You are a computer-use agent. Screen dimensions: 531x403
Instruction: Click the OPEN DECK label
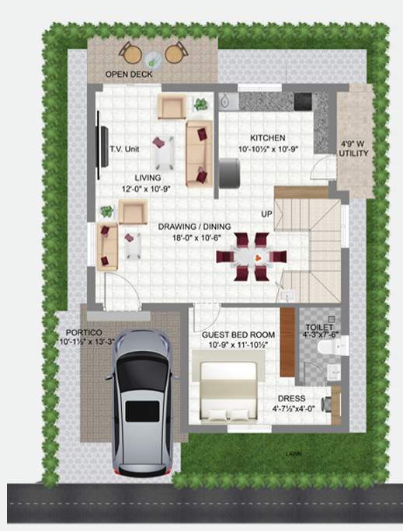tap(129, 75)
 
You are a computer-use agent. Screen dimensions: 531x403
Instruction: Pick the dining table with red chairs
tap(252, 256)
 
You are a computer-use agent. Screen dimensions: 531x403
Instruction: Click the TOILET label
tap(319, 328)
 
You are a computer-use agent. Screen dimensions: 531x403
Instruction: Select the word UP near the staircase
tap(266, 214)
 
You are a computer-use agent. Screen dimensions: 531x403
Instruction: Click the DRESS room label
tap(287, 397)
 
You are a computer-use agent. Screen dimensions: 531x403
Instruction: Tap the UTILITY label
tap(353, 154)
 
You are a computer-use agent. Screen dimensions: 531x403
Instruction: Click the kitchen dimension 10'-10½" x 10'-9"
tap(267, 147)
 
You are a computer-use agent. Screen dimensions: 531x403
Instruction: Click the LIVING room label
tap(148, 178)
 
